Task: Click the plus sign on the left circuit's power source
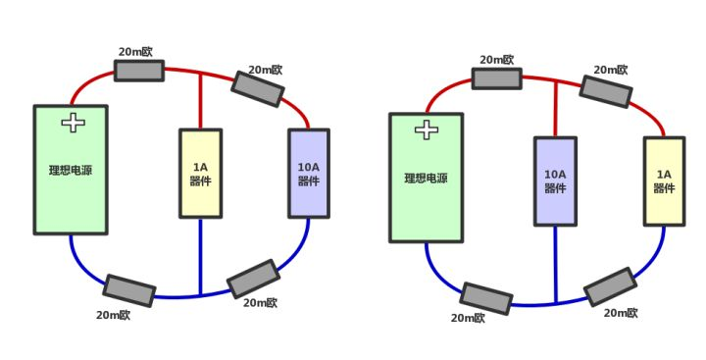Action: click(x=74, y=123)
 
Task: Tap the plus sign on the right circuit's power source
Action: click(x=427, y=129)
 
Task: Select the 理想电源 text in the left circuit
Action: click(x=71, y=170)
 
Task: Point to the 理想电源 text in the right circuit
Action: click(x=426, y=179)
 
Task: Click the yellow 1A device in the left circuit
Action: click(x=200, y=173)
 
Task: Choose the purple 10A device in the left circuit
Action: click(x=309, y=173)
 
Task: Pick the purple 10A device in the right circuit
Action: click(x=555, y=180)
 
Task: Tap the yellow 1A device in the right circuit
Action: click(x=664, y=180)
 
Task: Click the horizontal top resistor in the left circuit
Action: click(x=139, y=70)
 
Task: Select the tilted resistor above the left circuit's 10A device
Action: click(x=258, y=88)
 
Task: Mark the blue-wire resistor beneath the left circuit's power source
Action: click(x=129, y=290)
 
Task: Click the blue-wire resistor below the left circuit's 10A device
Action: click(x=253, y=279)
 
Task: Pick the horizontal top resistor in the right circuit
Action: click(x=496, y=78)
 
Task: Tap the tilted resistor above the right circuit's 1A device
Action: click(x=605, y=90)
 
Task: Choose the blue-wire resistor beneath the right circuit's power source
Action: click(x=485, y=298)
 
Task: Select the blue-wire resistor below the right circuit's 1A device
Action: click(x=610, y=287)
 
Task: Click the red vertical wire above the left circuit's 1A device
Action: click(x=200, y=101)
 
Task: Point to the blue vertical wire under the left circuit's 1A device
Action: click(x=200, y=255)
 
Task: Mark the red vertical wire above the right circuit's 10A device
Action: click(x=555, y=109)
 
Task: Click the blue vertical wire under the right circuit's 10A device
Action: click(x=555, y=263)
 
